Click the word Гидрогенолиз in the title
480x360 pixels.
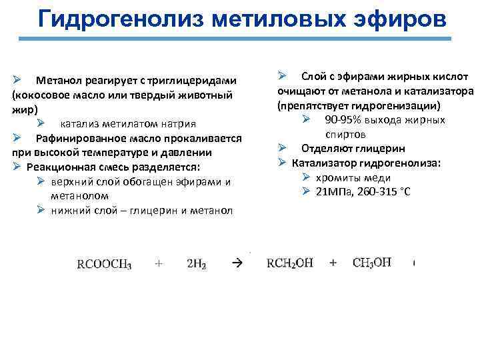pos(121,19)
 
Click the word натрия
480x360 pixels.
pos(175,123)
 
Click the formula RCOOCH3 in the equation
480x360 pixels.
pos(105,264)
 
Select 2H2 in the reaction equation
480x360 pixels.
pos(197,264)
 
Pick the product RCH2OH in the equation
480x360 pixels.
pos(290,263)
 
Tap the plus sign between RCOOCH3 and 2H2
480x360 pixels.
pos(159,263)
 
